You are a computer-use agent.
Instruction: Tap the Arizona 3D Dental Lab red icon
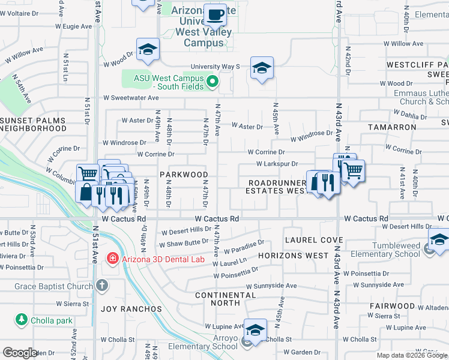(x=112, y=259)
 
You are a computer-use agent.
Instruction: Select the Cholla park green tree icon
(x=22, y=320)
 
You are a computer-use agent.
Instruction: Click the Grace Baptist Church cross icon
(x=102, y=284)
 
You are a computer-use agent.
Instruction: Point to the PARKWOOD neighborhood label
(x=183, y=175)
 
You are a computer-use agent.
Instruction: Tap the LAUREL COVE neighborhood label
(x=313, y=239)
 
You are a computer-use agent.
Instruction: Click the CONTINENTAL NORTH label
(x=226, y=299)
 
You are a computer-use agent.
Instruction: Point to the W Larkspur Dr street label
(x=277, y=164)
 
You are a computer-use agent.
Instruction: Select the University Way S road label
(x=215, y=67)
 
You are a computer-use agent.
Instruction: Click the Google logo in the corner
(x=20, y=353)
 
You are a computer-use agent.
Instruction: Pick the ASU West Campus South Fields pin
(x=211, y=82)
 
